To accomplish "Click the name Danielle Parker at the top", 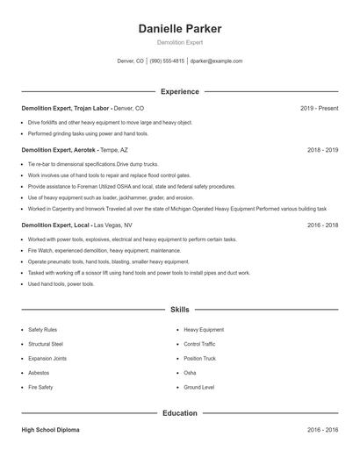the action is point(180,29).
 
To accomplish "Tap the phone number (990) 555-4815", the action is point(167,61).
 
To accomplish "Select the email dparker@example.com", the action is point(216,61).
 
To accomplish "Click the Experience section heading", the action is point(180,91).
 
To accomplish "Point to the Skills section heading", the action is point(180,310).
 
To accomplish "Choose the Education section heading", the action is point(180,411).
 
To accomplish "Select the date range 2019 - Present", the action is point(319,108).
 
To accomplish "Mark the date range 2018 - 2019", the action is point(322,150).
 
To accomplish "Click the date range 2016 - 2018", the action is point(322,225).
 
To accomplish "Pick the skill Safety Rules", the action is point(42,330).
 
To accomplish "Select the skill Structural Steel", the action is point(46,344).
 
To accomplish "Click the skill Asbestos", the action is point(39,372).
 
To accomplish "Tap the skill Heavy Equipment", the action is point(204,330).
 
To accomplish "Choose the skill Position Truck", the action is point(201,358).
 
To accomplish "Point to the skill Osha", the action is point(190,372).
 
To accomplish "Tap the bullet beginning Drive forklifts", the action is point(110,122).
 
